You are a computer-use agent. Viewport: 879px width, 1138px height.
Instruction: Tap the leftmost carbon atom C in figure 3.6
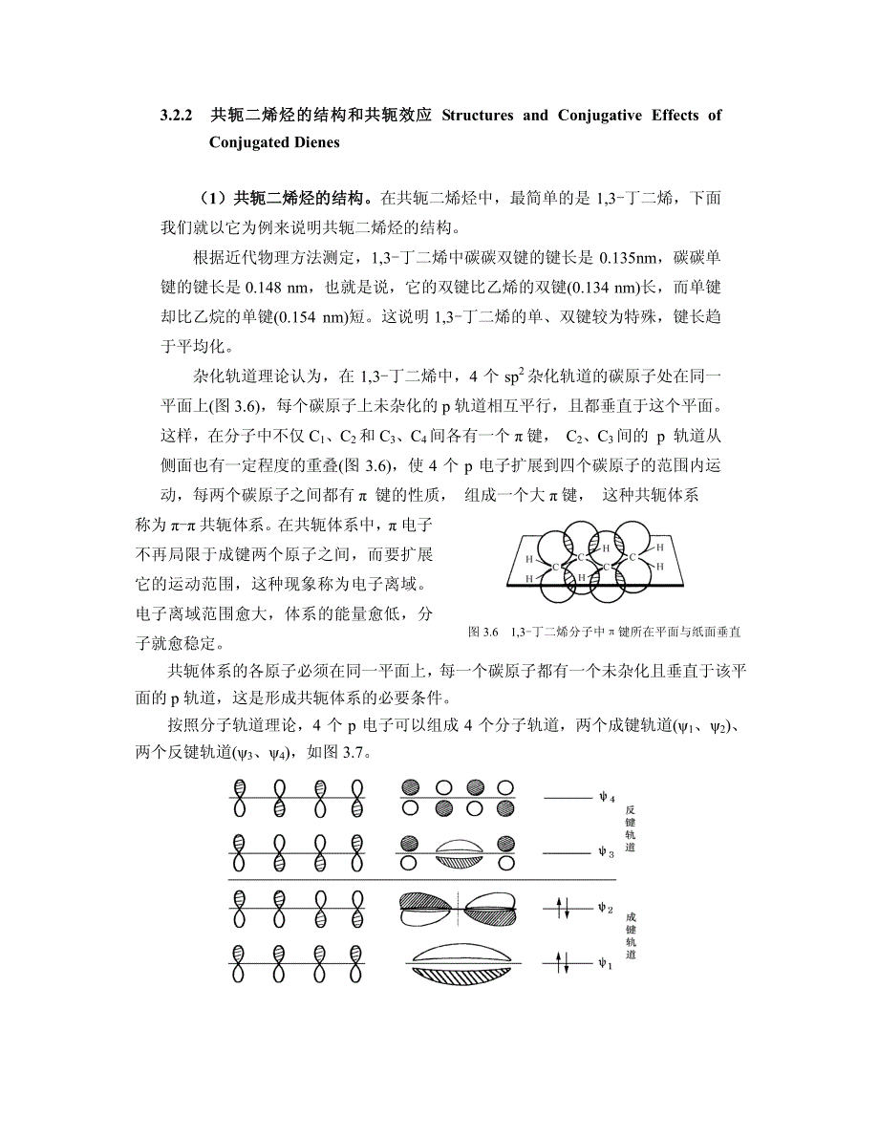(x=556, y=567)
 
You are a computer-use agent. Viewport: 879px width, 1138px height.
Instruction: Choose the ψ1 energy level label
(x=604, y=962)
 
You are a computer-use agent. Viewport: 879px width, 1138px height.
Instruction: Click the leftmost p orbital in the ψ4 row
(x=241, y=798)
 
